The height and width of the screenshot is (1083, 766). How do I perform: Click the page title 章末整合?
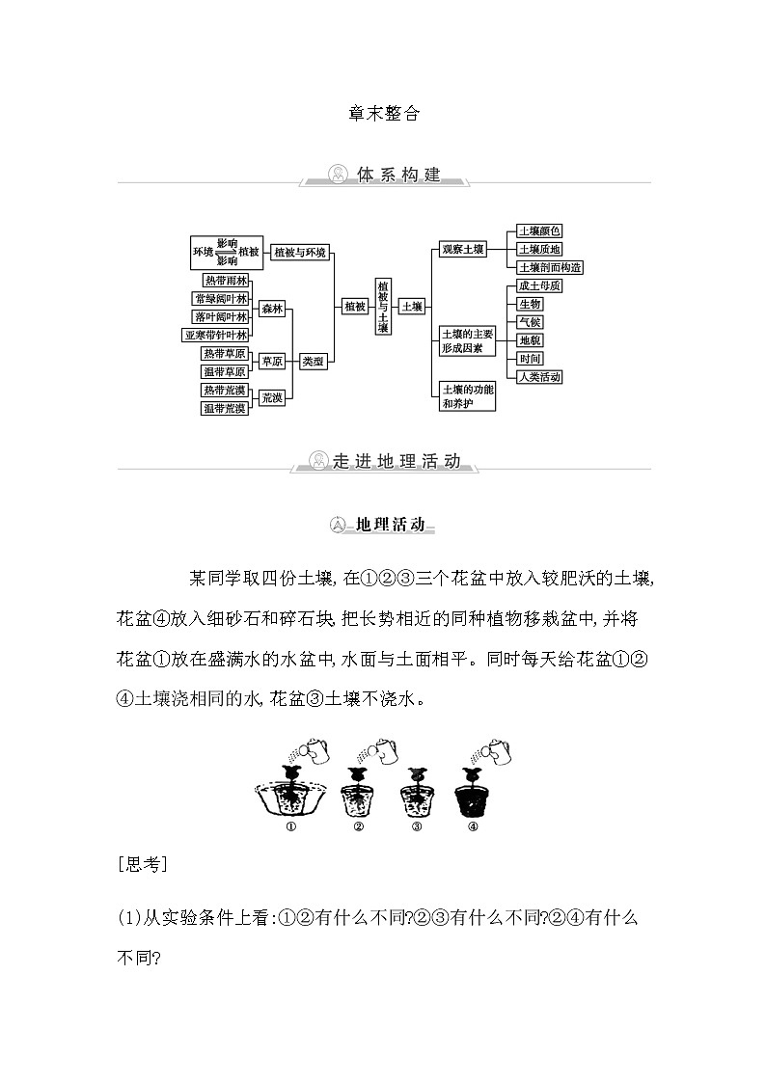pos(383,112)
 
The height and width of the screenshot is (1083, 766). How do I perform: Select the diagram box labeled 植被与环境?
pos(300,252)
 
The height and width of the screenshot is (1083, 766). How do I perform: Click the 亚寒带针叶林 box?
pos(216,335)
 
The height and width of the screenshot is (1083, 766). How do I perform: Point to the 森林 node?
pos(272,309)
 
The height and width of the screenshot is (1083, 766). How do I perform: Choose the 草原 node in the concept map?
pos(272,362)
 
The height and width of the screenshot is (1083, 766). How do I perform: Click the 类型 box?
pos(313,362)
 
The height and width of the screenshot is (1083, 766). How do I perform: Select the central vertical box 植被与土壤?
pos(383,307)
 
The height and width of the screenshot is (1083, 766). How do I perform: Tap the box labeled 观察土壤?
pos(462,249)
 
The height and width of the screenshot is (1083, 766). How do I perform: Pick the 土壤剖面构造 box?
pos(550,267)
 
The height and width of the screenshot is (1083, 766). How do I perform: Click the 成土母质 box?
pos(539,286)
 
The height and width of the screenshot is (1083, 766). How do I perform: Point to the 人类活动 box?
pos(539,377)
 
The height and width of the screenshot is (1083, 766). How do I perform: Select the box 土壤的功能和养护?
pos(467,395)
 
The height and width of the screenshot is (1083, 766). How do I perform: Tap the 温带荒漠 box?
pos(224,408)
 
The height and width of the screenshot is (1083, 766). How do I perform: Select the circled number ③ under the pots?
pos(417,826)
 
